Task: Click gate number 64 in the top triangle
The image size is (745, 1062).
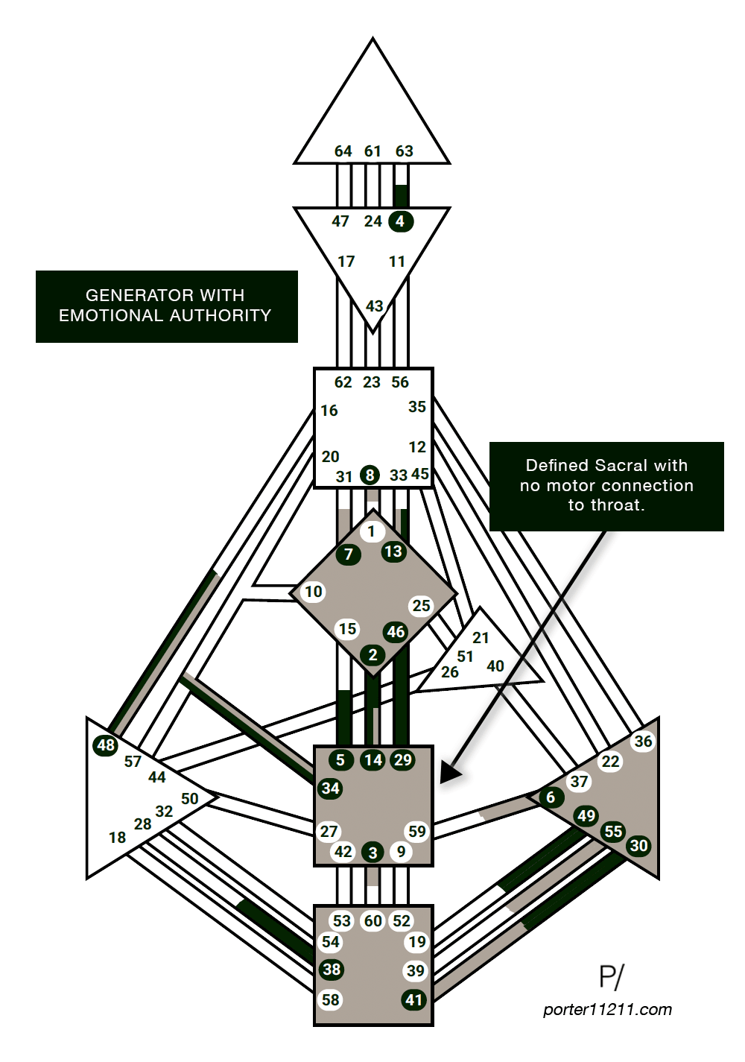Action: pos(343,151)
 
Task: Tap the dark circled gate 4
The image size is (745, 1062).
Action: pos(401,221)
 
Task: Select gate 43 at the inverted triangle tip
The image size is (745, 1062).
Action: pos(374,306)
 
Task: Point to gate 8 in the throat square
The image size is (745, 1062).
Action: pos(370,475)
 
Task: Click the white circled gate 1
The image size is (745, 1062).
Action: pos(372,532)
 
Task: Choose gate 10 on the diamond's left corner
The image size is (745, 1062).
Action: pos(314,592)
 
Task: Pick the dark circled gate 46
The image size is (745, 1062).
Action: pos(396,632)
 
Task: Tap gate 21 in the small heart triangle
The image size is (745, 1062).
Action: pos(481,638)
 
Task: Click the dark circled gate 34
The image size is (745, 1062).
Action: pos(330,788)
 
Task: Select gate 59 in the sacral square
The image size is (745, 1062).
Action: pos(416,831)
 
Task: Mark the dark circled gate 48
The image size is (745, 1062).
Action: pos(106,745)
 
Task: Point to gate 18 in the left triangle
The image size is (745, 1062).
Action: pos(117,838)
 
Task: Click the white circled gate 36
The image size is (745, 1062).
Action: pos(643,741)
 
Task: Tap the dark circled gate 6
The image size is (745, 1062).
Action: pos(551,797)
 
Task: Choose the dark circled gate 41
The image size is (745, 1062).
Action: pos(414,999)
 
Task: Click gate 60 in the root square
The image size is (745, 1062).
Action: pos(372,921)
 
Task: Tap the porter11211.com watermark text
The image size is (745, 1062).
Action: pos(607,1010)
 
